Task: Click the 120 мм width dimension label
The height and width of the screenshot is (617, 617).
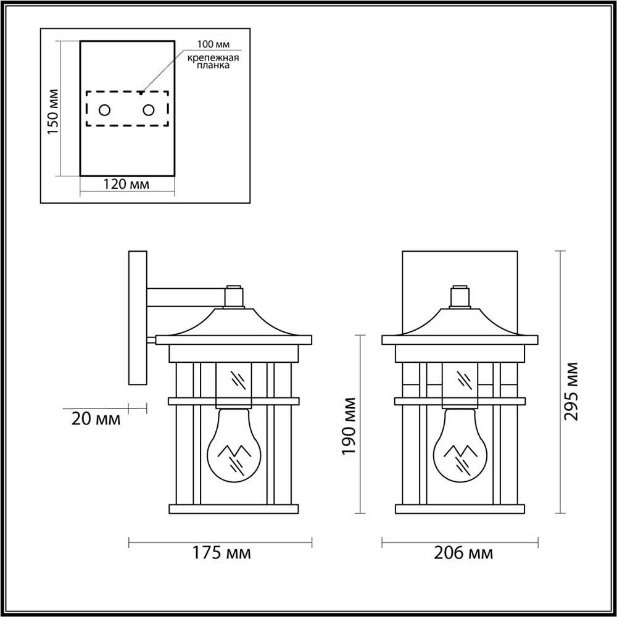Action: (x=126, y=184)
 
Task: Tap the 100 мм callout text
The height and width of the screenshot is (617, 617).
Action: (x=213, y=44)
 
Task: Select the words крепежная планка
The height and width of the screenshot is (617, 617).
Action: (x=213, y=62)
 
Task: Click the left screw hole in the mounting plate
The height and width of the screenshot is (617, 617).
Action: (x=104, y=110)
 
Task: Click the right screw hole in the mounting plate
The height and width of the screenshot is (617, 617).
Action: (x=148, y=110)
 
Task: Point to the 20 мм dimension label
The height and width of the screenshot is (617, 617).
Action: (x=96, y=420)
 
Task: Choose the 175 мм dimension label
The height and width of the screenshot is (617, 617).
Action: (x=221, y=553)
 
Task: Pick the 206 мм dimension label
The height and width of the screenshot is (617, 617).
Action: (x=463, y=553)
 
